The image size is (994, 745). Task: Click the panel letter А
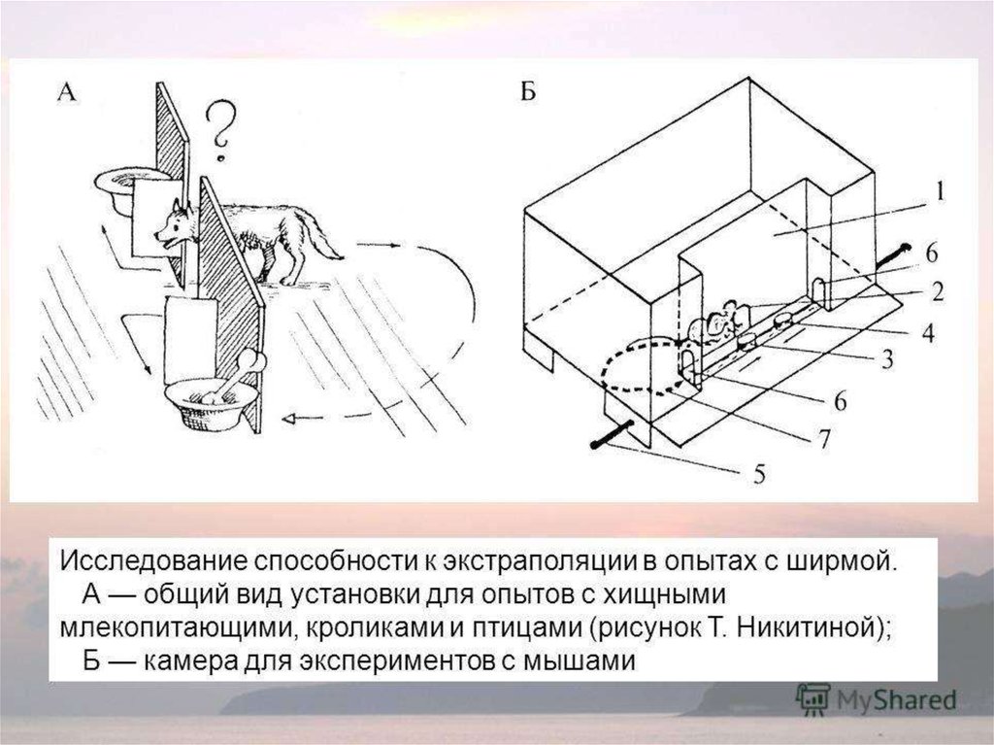coord(66,92)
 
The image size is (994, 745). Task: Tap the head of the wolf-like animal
coord(175,225)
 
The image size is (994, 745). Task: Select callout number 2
coord(939,288)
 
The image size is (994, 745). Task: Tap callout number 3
coord(885,358)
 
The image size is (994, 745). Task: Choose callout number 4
coord(928,332)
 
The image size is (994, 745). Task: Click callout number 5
coord(759,474)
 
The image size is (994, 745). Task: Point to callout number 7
coord(823,438)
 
